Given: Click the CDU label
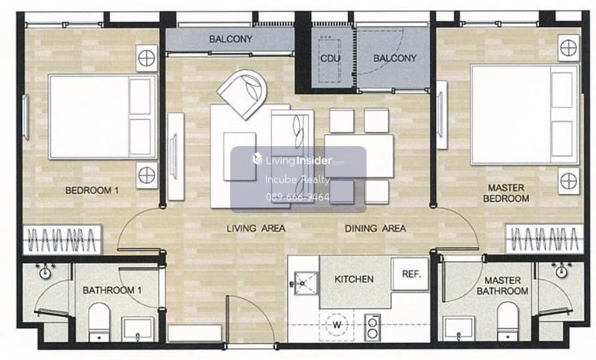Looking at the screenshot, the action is (330, 59).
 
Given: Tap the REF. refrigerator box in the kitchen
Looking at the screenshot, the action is (410, 274).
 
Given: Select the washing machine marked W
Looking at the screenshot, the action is (337, 325).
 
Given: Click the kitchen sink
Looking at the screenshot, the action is (304, 283).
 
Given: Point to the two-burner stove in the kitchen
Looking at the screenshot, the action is (372, 328).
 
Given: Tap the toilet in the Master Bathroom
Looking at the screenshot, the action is (508, 321).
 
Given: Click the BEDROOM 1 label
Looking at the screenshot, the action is (92, 190).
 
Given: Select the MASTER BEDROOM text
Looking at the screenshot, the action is (506, 193).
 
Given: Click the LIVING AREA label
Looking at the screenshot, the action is (256, 229).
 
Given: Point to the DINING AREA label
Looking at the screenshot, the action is (375, 229).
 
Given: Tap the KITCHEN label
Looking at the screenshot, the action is (354, 280).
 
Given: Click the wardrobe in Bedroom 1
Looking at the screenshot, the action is (63, 239).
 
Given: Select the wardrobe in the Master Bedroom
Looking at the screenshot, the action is (544, 239).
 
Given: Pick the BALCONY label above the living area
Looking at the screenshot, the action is (230, 40).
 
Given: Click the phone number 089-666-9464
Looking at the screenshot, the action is (297, 197).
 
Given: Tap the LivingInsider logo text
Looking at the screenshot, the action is (299, 160).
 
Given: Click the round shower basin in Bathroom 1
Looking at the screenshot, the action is (45, 271).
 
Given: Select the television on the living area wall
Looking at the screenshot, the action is (174, 157).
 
